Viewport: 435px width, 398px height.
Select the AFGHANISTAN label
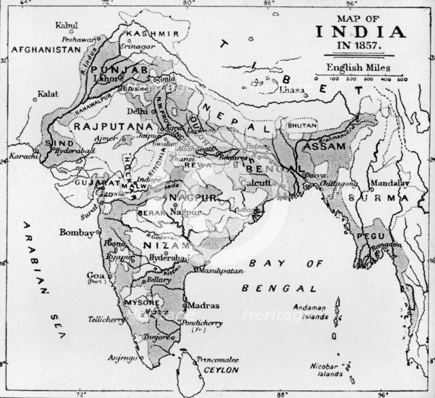tap(41, 50)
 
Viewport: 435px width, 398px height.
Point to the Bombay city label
tap(77, 233)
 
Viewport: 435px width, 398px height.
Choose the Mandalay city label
tap(389, 184)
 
